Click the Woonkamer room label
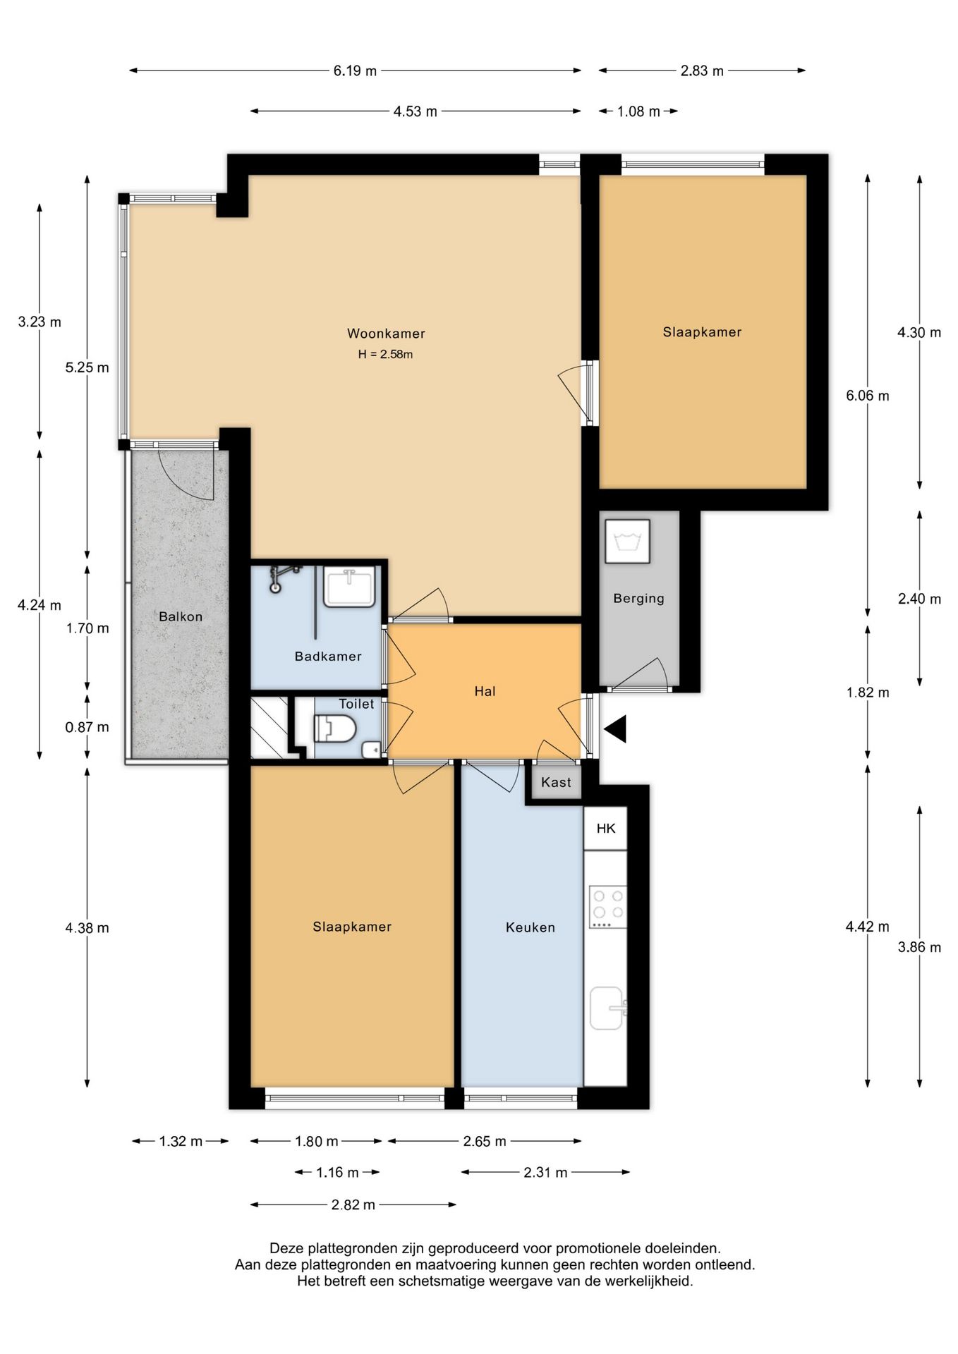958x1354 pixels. pyautogui.click(x=386, y=334)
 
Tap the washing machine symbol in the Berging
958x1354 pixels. pyautogui.click(x=627, y=542)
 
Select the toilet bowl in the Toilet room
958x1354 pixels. pyautogui.click(x=334, y=728)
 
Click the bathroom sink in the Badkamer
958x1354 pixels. pyautogui.click(x=349, y=588)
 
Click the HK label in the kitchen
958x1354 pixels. pyautogui.click(x=606, y=829)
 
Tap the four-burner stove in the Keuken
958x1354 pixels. pyautogui.click(x=608, y=907)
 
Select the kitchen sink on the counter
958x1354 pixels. pyautogui.click(x=608, y=1008)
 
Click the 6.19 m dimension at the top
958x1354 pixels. pyautogui.click(x=355, y=71)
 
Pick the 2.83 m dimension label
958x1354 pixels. pyautogui.click(x=702, y=71)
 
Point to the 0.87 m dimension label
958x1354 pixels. pyautogui.click(x=87, y=727)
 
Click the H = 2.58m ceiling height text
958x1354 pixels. pyautogui.click(x=385, y=355)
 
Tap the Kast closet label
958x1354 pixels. pyautogui.click(x=556, y=782)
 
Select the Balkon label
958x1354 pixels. pyautogui.click(x=181, y=616)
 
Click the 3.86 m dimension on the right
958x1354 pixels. pyautogui.click(x=919, y=947)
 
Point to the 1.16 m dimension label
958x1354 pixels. pyautogui.click(x=337, y=1173)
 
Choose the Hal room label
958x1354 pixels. pyautogui.click(x=485, y=692)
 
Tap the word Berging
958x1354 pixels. pyautogui.click(x=638, y=599)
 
